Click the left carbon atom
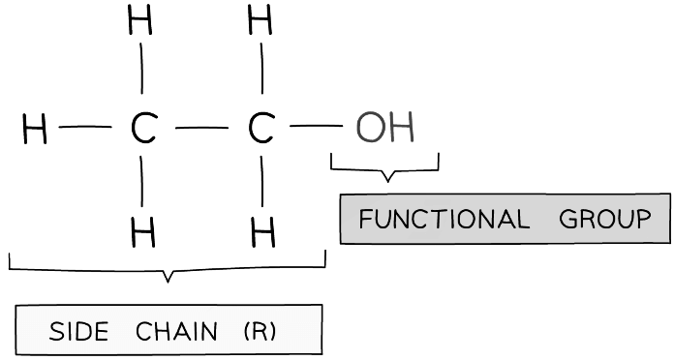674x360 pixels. (143, 129)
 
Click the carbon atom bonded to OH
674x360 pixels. (260, 129)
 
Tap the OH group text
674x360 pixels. (384, 128)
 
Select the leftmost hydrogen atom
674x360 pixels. (35, 129)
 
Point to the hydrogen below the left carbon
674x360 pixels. (143, 231)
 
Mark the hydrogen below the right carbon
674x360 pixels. (262, 231)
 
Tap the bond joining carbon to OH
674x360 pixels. (316, 127)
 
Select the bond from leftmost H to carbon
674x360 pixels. (85, 127)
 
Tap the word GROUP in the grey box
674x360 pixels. (605, 220)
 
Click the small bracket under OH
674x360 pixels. (385, 171)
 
